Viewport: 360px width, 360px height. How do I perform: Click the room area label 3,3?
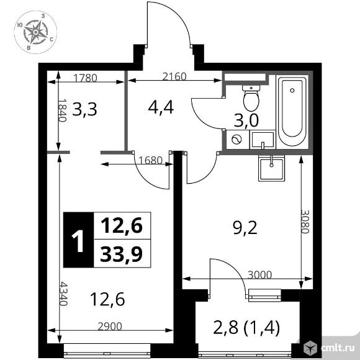85,110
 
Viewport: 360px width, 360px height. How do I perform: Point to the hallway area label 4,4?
160,107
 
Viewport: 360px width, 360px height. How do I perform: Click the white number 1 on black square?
78,240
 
